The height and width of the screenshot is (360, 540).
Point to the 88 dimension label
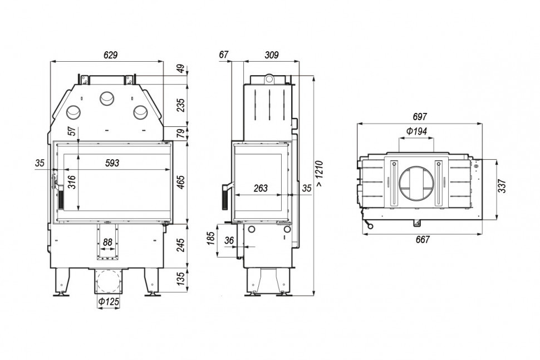tap(108, 242)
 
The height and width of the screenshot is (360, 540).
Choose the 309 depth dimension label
tap(271, 55)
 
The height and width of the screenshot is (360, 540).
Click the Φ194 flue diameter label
tap(416, 131)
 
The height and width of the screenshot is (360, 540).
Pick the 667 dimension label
tap(422, 240)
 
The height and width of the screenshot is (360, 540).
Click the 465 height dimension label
tap(181, 182)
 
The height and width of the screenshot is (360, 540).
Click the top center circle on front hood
tap(106, 98)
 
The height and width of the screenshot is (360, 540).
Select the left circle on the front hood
tap(73, 112)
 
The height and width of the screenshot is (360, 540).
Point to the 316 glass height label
tap(71, 182)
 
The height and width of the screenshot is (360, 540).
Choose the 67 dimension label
tap(224, 55)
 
